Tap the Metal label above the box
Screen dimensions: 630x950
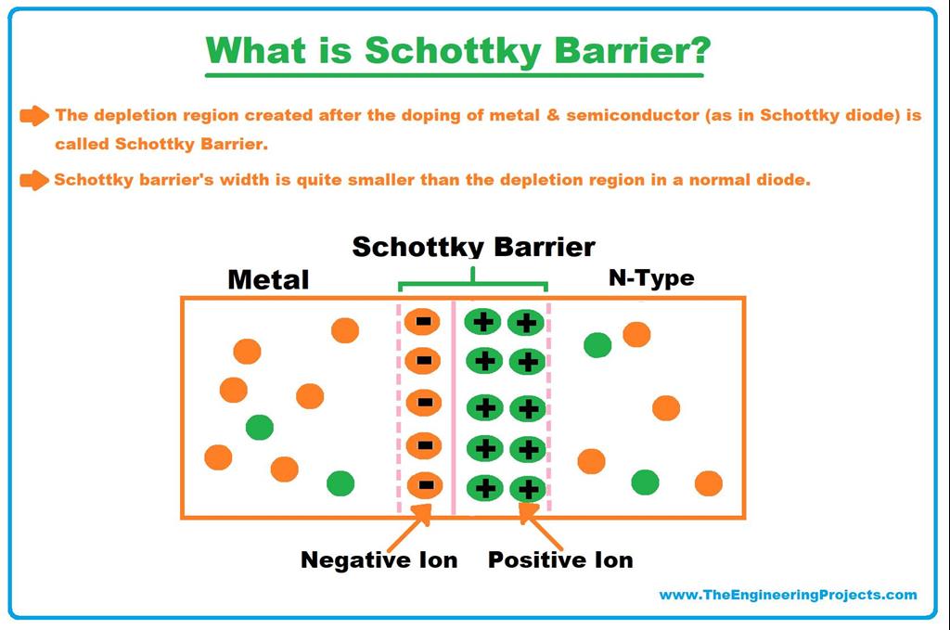pos(268,279)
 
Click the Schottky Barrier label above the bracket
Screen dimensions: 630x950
pos(473,247)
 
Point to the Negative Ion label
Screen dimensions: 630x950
pos(379,560)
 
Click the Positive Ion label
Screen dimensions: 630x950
pos(560,560)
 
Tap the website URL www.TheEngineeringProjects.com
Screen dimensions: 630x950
pos(788,595)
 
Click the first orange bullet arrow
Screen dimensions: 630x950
pos(34,116)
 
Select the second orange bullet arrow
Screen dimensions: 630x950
pos(34,180)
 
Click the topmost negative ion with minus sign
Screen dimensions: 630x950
pos(423,322)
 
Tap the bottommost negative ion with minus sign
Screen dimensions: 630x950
pos(423,485)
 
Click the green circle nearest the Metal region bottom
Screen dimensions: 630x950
pos(340,483)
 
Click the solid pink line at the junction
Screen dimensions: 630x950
pos(453,408)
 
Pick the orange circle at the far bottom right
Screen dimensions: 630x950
pos(708,483)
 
